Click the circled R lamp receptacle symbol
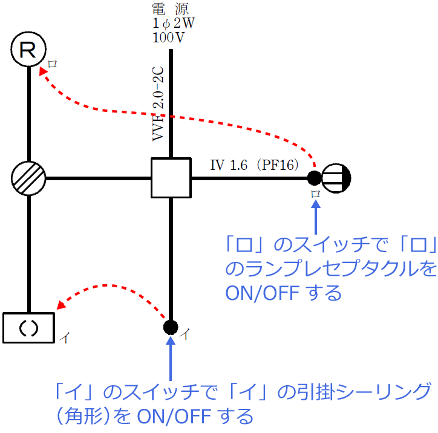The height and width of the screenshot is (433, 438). tap(29, 49)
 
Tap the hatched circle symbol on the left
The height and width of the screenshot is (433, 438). tap(28, 178)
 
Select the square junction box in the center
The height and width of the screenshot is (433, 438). tap(171, 178)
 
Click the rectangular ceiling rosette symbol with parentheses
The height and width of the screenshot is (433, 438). tap(28, 328)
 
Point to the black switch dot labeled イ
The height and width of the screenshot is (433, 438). tap(171, 328)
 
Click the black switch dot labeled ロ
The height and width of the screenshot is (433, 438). tap(315, 178)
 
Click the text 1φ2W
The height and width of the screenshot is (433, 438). tap(174, 24)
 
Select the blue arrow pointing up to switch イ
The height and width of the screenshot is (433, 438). tap(171, 357)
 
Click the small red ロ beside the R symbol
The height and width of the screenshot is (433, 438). tap(54, 63)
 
